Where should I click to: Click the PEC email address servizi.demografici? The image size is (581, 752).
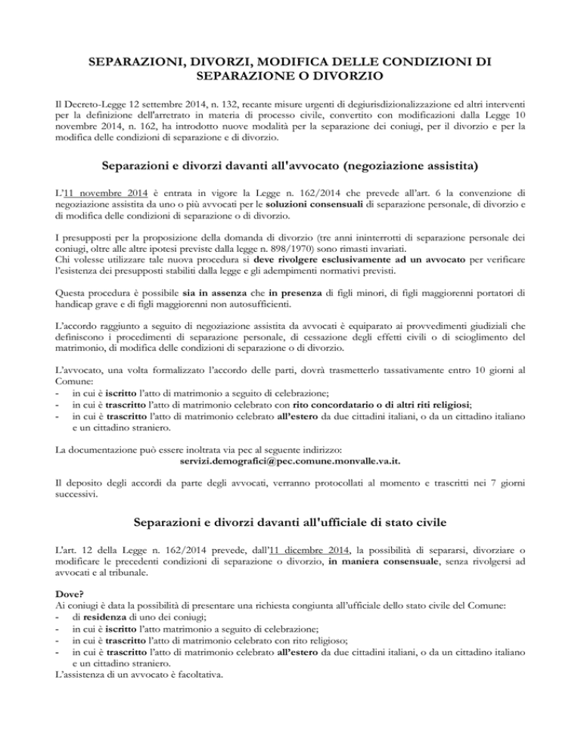[x=290, y=460]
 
